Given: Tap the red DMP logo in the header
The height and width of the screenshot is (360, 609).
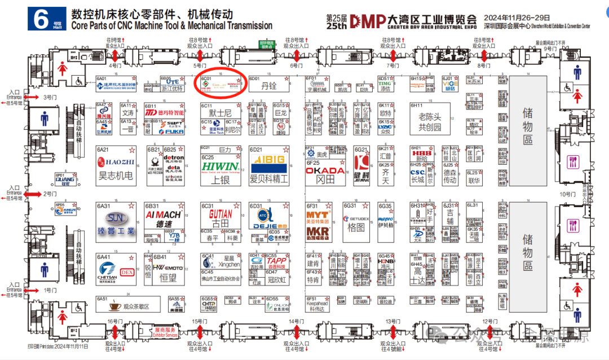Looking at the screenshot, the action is pyautogui.click(x=367, y=20).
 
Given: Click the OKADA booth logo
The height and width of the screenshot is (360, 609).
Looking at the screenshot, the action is pyautogui.click(x=325, y=170).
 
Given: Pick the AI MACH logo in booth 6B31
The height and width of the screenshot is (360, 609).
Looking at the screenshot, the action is pyautogui.click(x=163, y=214).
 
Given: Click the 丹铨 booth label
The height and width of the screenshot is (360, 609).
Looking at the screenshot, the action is pyautogui.click(x=270, y=86).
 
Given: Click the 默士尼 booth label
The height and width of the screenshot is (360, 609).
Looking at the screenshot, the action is pyautogui.click(x=214, y=113).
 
